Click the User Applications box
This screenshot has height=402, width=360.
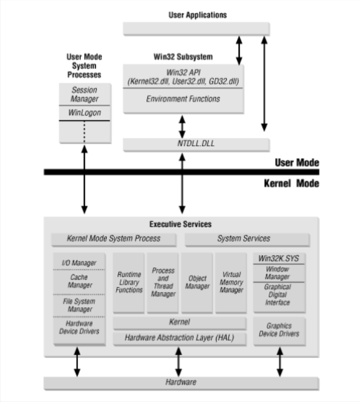[x=196, y=29]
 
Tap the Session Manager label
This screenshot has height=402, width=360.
[x=84, y=94]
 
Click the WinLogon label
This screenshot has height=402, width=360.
[x=84, y=112]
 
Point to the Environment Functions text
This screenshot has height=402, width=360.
[x=183, y=99]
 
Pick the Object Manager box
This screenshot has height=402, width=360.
[x=197, y=282]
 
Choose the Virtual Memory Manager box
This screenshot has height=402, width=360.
[x=231, y=282]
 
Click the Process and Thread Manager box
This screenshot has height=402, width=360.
[x=163, y=282]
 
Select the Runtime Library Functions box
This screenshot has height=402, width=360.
[x=129, y=282]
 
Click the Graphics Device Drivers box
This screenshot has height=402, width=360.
[x=279, y=330]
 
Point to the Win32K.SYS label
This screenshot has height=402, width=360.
[x=279, y=258]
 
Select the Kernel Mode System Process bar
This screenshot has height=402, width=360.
[x=114, y=238]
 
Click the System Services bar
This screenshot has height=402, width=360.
[x=243, y=238]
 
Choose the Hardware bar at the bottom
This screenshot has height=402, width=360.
[x=181, y=382]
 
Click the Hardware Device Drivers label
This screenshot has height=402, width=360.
[x=79, y=327]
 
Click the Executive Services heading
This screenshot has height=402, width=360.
[x=181, y=224]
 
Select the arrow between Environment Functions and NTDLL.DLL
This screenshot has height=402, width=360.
[x=183, y=126]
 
